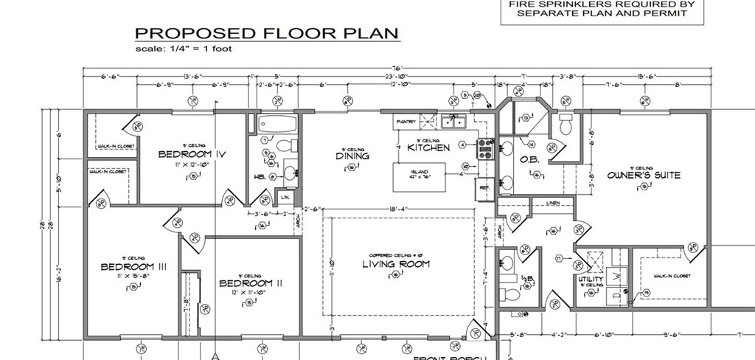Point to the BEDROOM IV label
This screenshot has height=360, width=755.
pos(192,154)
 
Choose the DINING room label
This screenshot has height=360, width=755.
pos(352,156)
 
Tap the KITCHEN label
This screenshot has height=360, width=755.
pos(428,148)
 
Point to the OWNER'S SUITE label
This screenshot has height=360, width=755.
pos(643,176)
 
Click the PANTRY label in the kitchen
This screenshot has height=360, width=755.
pos(406,121)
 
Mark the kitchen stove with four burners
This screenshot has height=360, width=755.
pos(485,150)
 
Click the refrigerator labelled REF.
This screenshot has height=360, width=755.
pos(484,187)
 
